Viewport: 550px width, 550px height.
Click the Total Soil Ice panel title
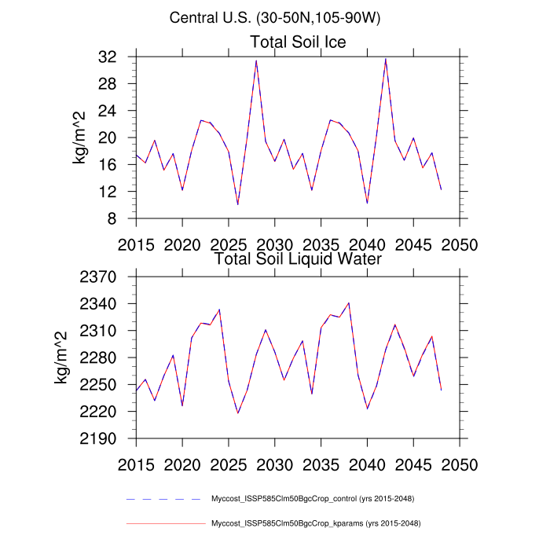click(x=298, y=42)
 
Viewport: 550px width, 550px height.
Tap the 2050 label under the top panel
click(x=459, y=244)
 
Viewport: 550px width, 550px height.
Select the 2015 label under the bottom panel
click(x=136, y=464)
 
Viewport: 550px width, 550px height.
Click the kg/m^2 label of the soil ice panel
click(x=80, y=137)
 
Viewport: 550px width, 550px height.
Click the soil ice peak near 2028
click(x=256, y=60)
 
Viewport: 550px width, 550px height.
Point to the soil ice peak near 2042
click(x=385, y=59)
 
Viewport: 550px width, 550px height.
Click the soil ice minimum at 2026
click(x=238, y=204)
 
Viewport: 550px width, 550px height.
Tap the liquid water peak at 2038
click(x=348, y=302)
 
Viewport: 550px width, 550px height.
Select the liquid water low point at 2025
click(x=238, y=413)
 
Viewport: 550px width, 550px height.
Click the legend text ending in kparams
click(x=321, y=522)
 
